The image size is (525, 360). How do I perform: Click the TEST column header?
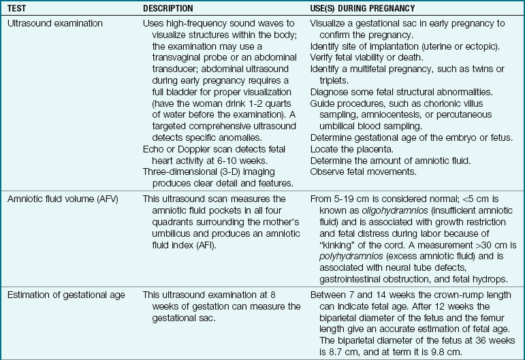point(19,7)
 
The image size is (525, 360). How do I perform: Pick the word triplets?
point(326,81)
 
